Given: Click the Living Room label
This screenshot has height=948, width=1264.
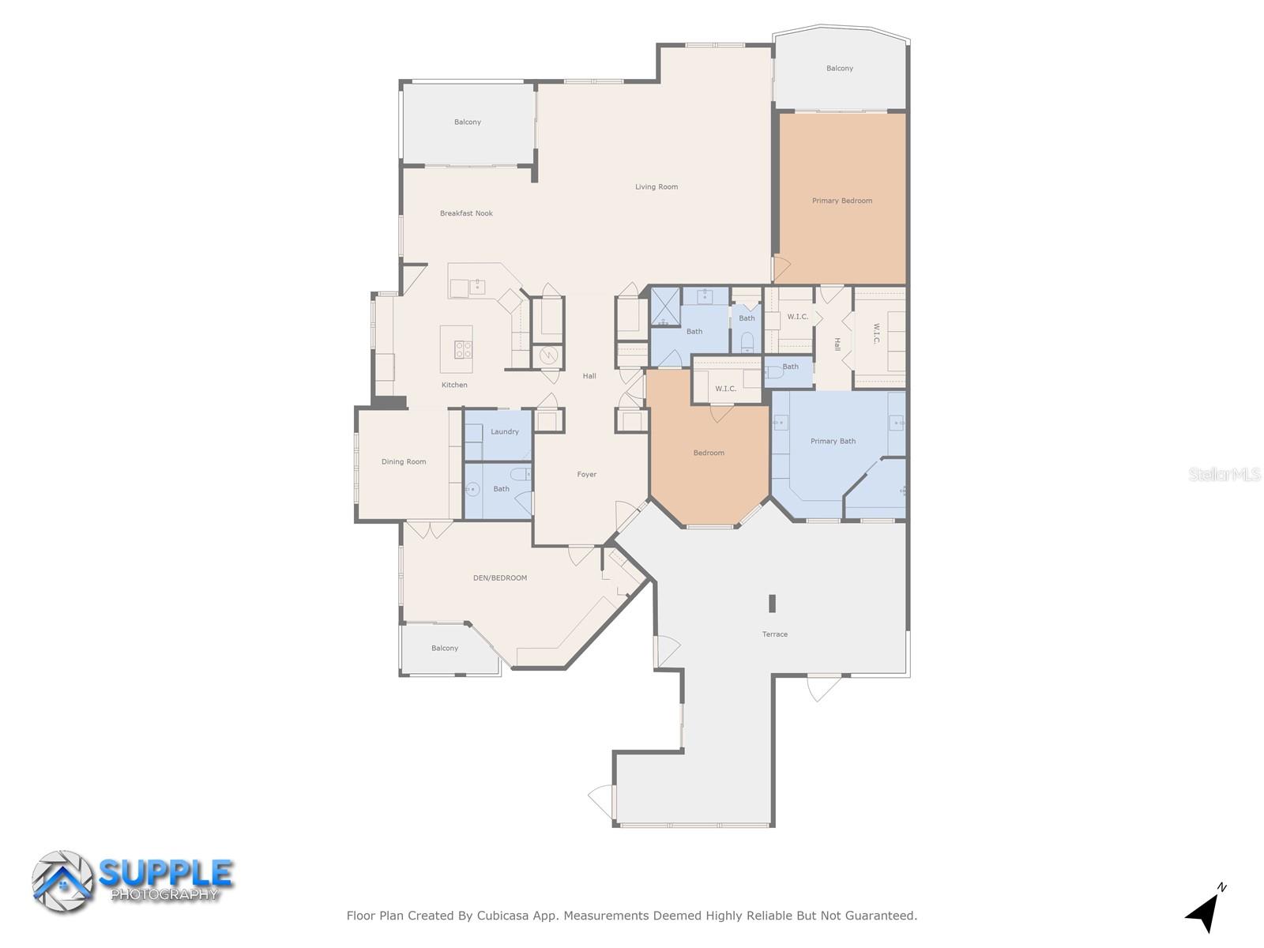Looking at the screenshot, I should tap(656, 187).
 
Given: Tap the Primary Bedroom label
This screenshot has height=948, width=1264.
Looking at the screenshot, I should tap(842, 201).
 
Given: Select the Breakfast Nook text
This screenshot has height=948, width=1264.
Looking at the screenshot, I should tap(466, 213).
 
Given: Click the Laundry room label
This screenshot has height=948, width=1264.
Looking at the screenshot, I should tap(505, 432).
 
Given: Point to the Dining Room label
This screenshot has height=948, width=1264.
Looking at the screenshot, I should tap(404, 462).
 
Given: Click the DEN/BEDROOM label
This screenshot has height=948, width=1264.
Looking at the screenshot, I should tap(500, 578).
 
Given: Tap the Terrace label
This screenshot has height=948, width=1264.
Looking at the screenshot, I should tap(775, 634).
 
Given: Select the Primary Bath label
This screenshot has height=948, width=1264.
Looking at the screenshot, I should tap(833, 442).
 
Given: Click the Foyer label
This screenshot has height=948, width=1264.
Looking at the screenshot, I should tap(587, 475).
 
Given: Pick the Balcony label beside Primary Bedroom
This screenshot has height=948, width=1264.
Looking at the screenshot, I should tap(840, 69).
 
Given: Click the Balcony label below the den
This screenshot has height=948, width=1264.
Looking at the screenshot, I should tap(445, 649).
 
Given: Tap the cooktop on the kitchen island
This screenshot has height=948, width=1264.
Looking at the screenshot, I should tap(463, 349).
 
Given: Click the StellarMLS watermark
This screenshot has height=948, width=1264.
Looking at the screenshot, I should tap(1224, 475).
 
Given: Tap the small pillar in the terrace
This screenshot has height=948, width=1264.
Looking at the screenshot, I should tap(773, 604).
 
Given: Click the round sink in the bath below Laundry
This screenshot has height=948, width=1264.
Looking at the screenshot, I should tap(472, 490).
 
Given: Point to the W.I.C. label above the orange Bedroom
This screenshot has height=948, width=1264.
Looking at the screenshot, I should tap(725, 389).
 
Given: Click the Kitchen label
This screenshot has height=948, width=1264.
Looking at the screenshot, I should tap(454, 386).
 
